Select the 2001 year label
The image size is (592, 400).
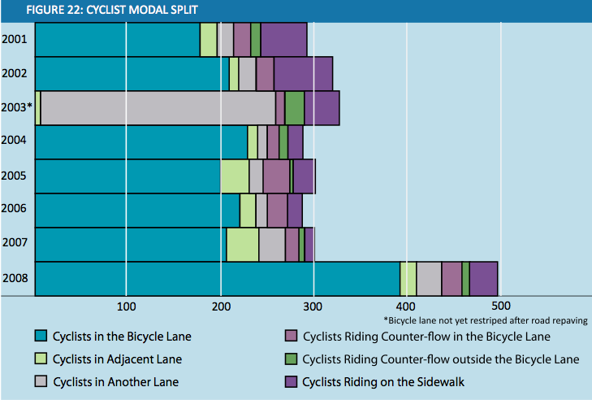(15, 38)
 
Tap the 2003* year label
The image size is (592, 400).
(18, 107)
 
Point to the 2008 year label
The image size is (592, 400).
(15, 279)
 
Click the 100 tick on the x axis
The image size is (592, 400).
(126, 306)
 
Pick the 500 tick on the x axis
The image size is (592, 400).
(500, 306)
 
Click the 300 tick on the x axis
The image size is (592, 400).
(313, 306)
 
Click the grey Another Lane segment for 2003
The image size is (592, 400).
(158, 107)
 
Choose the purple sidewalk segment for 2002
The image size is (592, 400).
(303, 73)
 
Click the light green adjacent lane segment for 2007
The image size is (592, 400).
(242, 244)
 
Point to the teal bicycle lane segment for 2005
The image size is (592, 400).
(128, 176)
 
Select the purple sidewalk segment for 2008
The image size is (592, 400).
(483, 279)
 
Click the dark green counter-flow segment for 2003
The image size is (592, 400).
(294, 107)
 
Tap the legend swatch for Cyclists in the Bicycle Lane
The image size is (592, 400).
(41, 336)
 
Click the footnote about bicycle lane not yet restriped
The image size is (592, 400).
(485, 320)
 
